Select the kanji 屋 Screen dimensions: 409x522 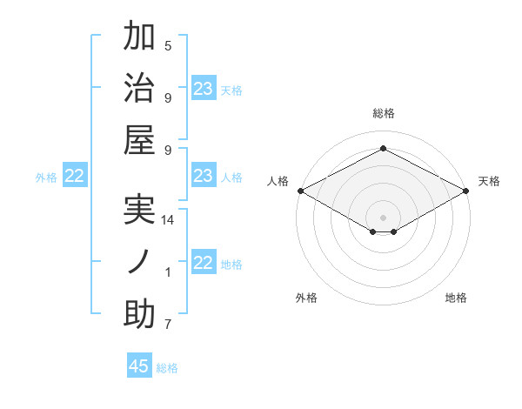coord(139,140)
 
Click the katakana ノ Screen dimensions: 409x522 coord(139,262)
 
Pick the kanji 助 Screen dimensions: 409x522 coord(139,314)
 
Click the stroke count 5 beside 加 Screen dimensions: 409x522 coord(168,45)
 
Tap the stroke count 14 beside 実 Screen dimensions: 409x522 coord(168,220)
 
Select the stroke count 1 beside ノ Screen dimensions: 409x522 coord(168,272)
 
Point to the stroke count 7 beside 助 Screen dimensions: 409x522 coord(168,325)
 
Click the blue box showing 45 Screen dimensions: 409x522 coord(139,366)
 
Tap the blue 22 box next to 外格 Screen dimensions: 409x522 coord(74,176)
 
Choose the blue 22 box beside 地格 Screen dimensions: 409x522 coord(204,263)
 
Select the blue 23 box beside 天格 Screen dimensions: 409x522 coord(204,89)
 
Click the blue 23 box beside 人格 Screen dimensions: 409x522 coord(204,176)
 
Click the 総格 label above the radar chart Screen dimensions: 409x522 coord(383,113)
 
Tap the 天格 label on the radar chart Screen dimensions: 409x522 coord(489,181)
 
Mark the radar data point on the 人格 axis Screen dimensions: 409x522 coord(300,191)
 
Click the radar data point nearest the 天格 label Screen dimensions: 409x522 coord(466,191)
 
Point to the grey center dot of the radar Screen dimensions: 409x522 coord(383,216)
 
